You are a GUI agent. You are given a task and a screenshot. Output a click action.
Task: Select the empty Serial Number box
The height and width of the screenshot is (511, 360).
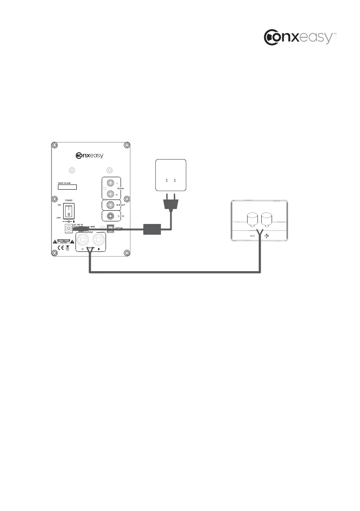(x=67, y=187)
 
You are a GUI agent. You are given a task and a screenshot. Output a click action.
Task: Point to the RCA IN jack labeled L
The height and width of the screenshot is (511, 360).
(x=110, y=183)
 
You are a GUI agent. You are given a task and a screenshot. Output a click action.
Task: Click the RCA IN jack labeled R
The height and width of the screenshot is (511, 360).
(x=110, y=194)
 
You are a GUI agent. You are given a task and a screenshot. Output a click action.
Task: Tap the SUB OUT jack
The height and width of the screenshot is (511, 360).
(x=110, y=205)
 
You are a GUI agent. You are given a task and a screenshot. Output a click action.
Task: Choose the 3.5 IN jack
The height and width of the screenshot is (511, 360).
(x=110, y=216)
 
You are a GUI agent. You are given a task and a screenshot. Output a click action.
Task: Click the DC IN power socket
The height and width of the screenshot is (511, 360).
(x=68, y=229)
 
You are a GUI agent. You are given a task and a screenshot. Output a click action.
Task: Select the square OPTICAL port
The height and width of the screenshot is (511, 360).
(x=110, y=229)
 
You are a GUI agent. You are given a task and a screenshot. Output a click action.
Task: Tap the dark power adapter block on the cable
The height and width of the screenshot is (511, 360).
(x=152, y=229)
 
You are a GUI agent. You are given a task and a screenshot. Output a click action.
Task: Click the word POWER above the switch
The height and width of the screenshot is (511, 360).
(x=69, y=200)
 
